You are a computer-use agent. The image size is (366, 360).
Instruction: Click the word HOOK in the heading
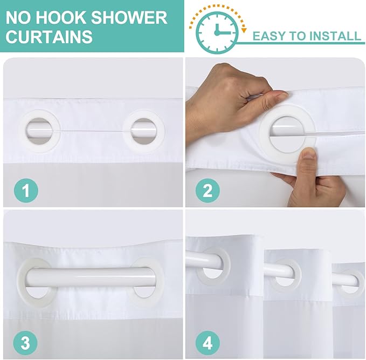60,17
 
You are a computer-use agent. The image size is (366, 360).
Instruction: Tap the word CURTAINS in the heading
49,36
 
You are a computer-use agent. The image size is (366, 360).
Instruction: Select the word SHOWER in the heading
129,17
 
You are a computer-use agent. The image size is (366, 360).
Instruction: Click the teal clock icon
217,32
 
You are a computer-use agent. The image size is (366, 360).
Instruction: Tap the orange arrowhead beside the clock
244,30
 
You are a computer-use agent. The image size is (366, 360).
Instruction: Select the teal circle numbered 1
26,190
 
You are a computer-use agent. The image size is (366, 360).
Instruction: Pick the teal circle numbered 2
208,190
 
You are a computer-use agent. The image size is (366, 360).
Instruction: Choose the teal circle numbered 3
25,343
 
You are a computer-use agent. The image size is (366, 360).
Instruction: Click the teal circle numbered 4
208,343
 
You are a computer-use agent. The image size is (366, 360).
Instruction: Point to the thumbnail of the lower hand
309,155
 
